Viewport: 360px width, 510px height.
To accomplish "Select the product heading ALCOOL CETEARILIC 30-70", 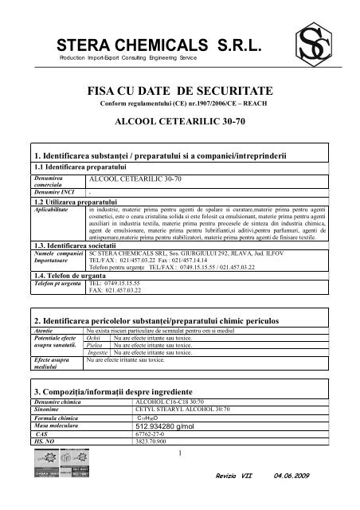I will tap(179, 124).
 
